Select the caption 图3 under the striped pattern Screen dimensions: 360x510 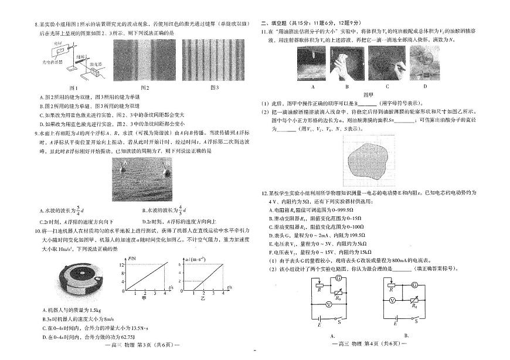[214, 88]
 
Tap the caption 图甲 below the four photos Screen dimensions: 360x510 [368, 94]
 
